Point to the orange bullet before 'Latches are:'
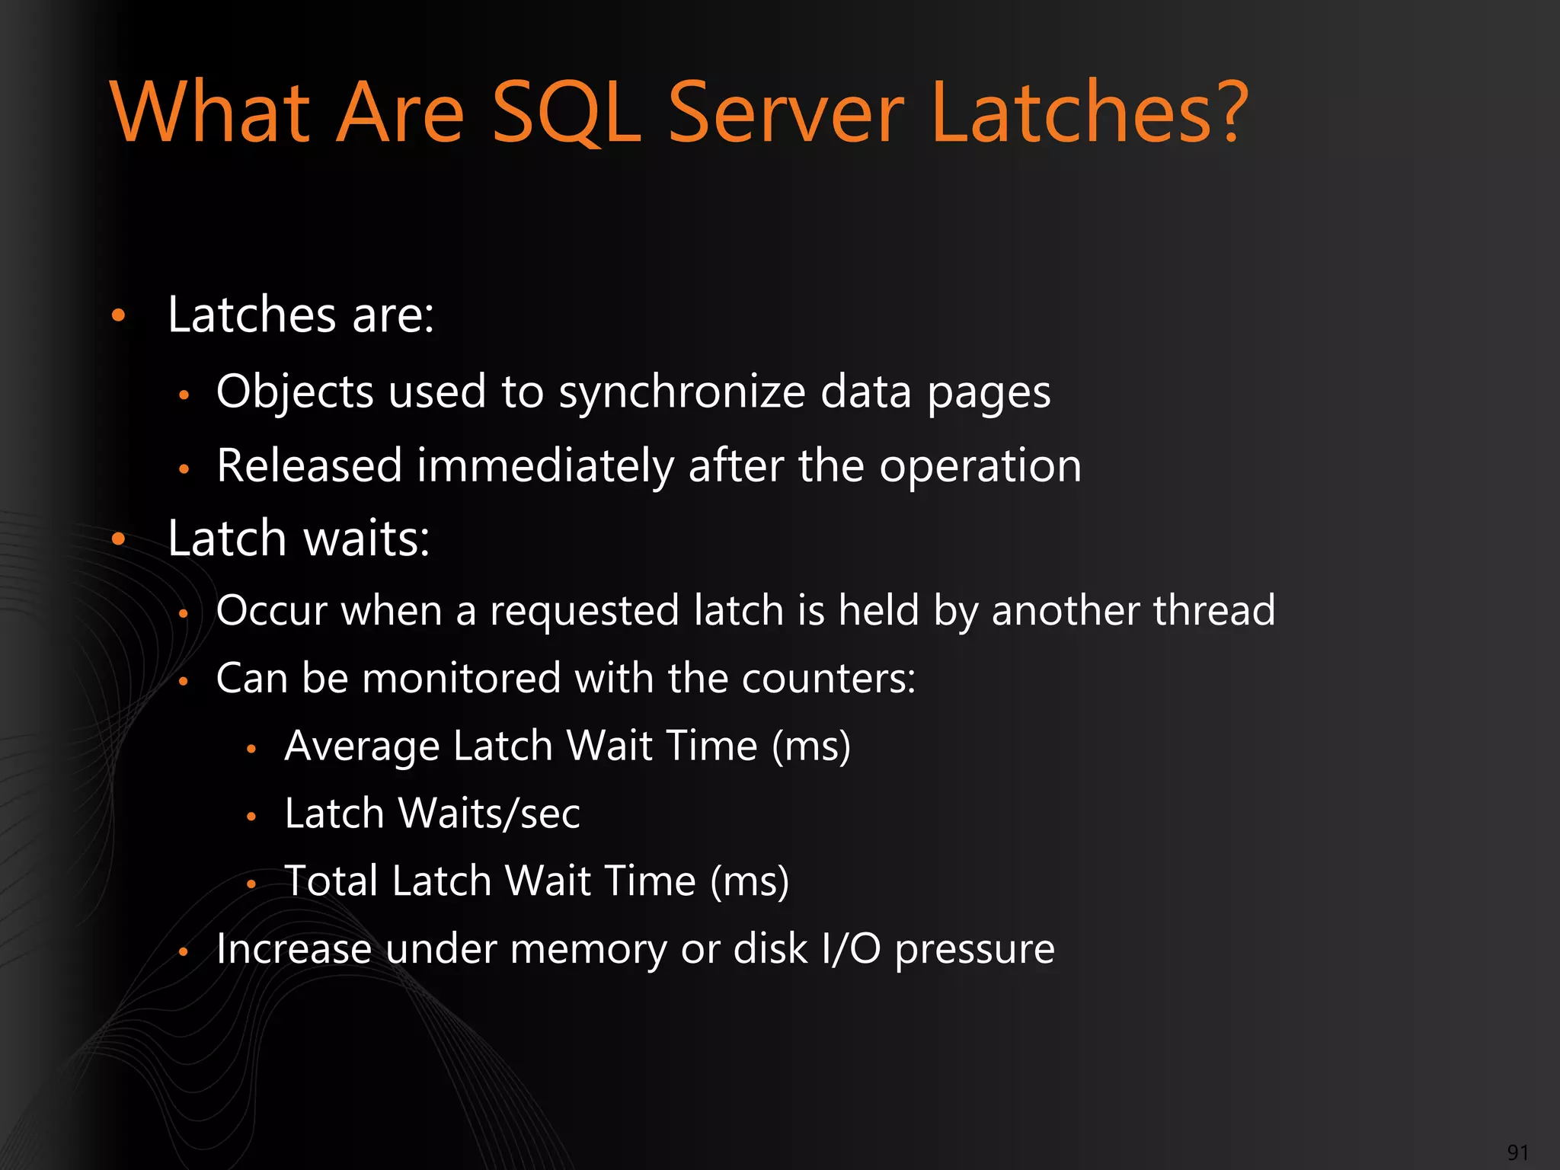pyautogui.click(x=118, y=315)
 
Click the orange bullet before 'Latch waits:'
pyautogui.click(x=118, y=539)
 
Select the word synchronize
pyautogui.click(x=682, y=393)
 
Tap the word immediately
pyautogui.click(x=545, y=466)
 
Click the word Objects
pyautogui.click(x=295, y=393)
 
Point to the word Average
pyautogui.click(x=362, y=746)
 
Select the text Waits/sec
pyautogui.click(x=489, y=814)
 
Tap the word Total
pyautogui.click(x=331, y=881)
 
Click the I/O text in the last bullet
pyautogui.click(x=851, y=950)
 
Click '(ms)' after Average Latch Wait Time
pyautogui.click(x=810, y=746)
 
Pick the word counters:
pyautogui.click(x=829, y=678)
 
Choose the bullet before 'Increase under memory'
pyautogui.click(x=184, y=951)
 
